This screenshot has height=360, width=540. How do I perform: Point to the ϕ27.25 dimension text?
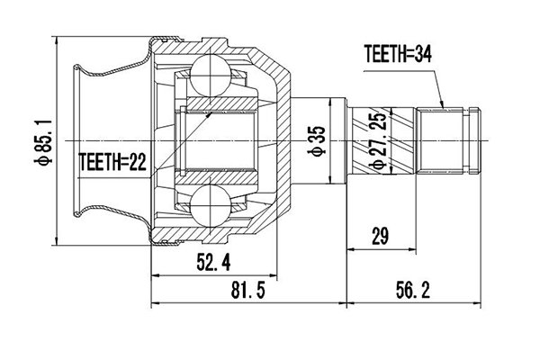point(379,142)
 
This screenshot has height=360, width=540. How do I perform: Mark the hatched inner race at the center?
point(220,137)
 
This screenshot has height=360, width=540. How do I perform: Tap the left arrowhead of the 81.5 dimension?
point(155,300)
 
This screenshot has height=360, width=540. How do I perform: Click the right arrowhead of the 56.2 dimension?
point(479,300)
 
